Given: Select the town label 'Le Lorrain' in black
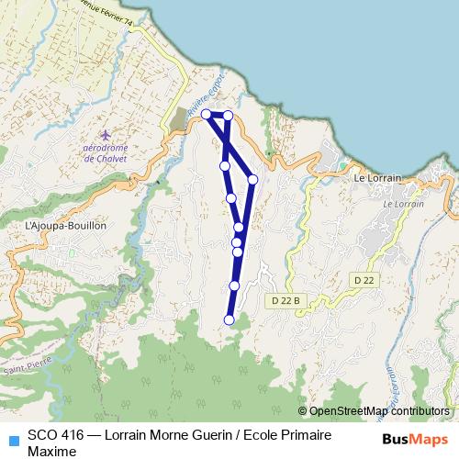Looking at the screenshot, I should pyautogui.click(x=374, y=179).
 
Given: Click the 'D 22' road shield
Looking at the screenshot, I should pyautogui.click(x=364, y=280).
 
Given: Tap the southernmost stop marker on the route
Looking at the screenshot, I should pyautogui.click(x=229, y=319).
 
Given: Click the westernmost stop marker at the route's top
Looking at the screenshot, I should pyautogui.click(x=207, y=115).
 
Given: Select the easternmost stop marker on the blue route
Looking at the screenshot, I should pyautogui.click(x=252, y=179).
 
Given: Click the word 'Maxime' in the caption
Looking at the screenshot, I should pyautogui.click(x=51, y=451).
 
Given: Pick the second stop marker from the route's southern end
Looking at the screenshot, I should pyautogui.click(x=234, y=286).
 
